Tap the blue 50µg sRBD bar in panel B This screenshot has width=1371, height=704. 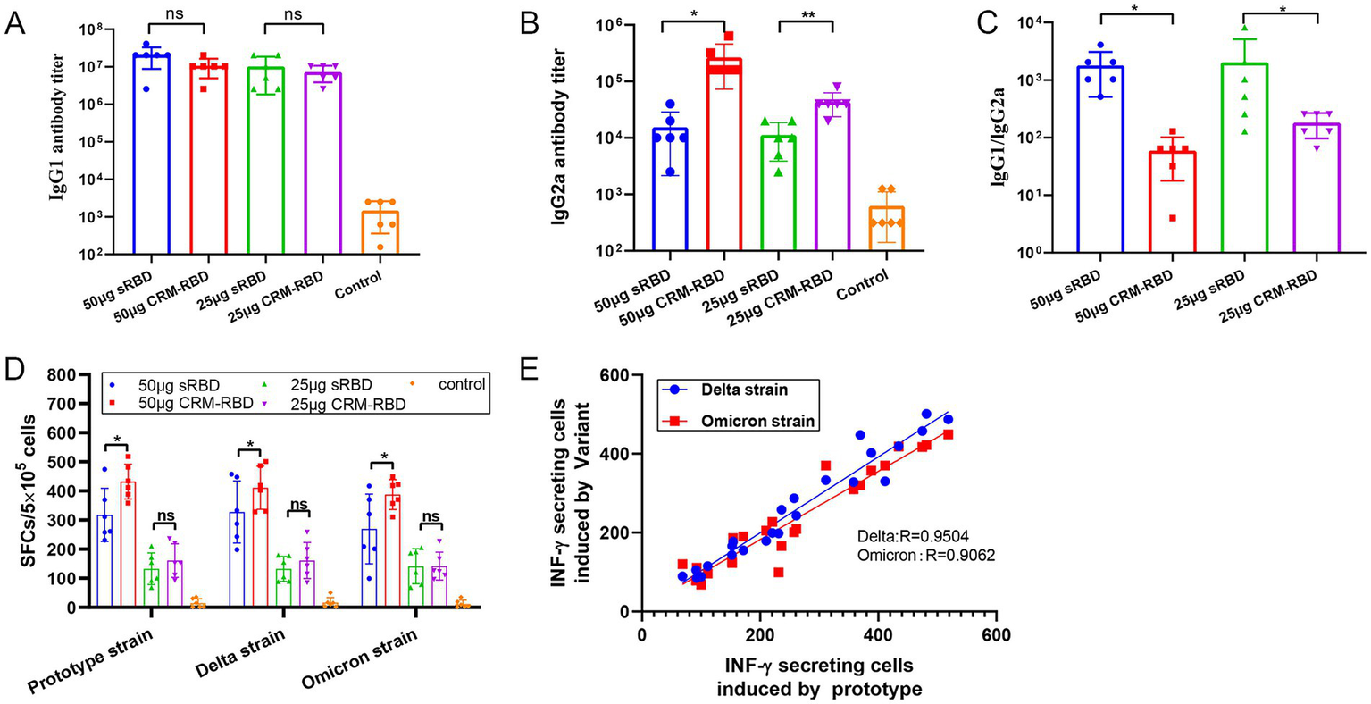(x=670, y=189)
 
